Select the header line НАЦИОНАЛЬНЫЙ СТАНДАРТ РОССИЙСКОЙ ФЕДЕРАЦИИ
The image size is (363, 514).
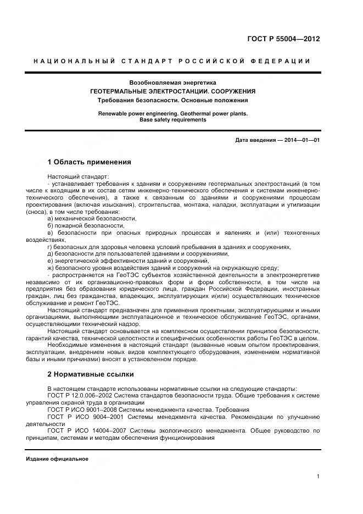(x=172, y=61)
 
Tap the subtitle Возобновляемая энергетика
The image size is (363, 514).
(x=172, y=82)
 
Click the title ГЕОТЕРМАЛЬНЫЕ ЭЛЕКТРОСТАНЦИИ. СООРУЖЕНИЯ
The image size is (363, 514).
(x=172, y=91)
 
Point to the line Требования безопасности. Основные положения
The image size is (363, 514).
(x=172, y=100)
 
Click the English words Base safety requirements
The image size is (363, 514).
(x=172, y=119)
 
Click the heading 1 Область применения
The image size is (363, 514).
(x=90, y=162)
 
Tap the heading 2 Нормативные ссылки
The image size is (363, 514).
(x=91, y=374)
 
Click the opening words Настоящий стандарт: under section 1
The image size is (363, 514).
(x=70, y=176)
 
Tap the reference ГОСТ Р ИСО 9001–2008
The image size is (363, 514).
(x=82, y=410)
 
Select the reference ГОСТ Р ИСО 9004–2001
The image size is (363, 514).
(x=82, y=417)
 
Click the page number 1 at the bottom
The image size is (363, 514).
(x=318, y=477)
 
